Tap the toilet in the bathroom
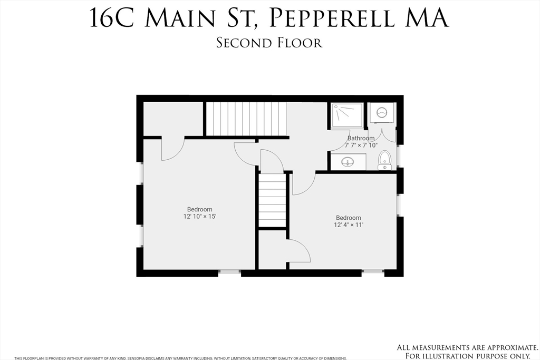384,160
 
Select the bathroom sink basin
348,162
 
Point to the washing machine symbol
381,112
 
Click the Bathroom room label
361,139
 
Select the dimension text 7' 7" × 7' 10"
361,145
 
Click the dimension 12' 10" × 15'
199,217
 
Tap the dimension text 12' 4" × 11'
349,225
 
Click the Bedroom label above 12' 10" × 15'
199,209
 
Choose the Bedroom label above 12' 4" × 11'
349,218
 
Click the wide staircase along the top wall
246,119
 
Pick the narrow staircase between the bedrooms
272,201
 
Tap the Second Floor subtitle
269,43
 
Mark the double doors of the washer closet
381,135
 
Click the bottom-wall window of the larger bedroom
229,273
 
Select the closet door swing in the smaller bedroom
299,251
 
